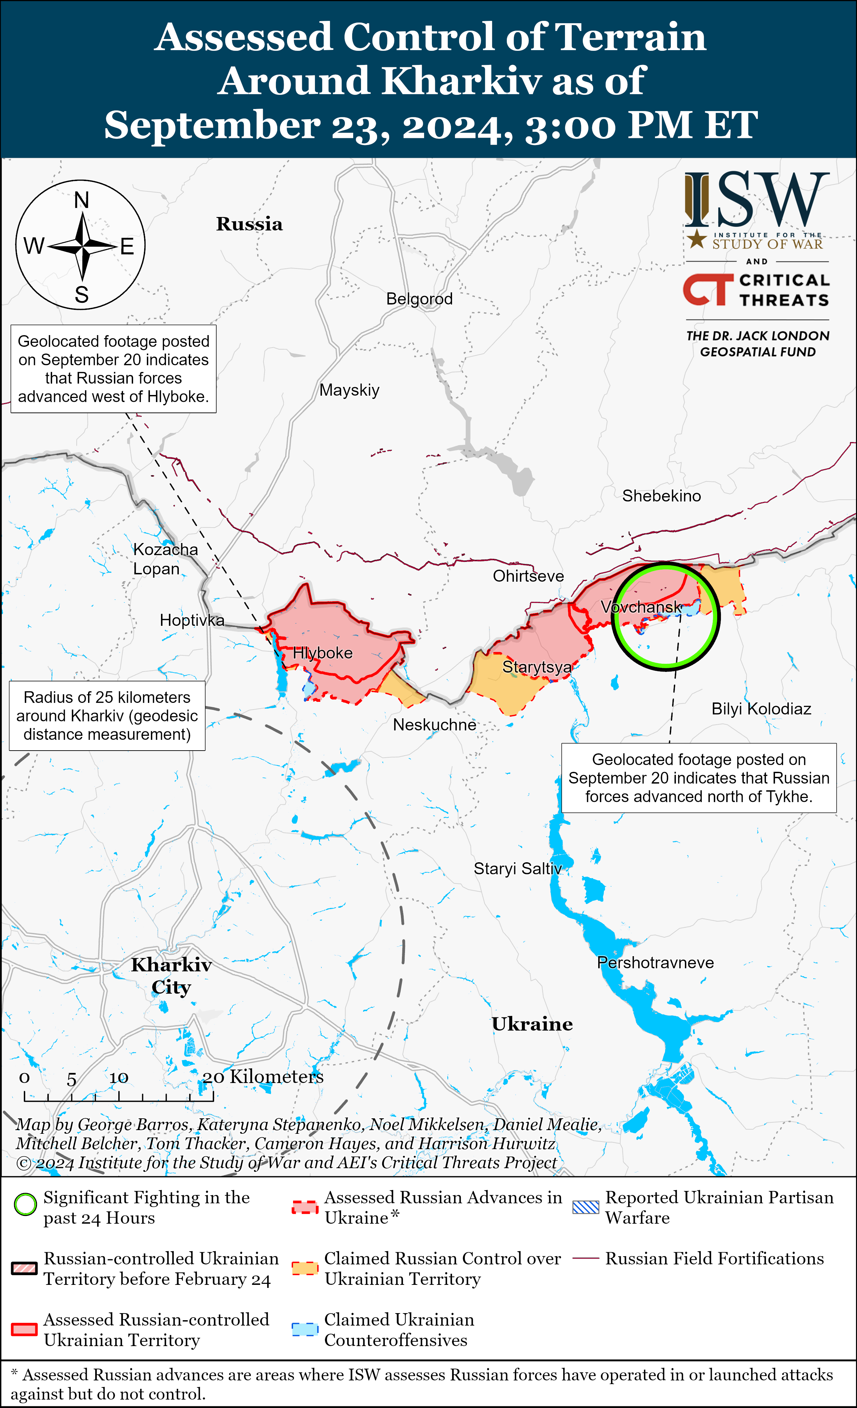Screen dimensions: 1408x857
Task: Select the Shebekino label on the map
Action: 661,496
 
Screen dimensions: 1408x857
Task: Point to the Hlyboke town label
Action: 323,653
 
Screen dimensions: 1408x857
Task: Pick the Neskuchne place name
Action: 435,725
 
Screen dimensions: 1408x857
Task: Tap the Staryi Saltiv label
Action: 517,869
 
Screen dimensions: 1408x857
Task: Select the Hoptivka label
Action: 192,620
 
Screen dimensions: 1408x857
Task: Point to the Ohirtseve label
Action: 528,576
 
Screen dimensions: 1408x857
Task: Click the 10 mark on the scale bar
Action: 119,1078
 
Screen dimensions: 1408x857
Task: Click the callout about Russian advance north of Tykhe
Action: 698,778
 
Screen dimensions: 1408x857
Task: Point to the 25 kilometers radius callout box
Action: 107,715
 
